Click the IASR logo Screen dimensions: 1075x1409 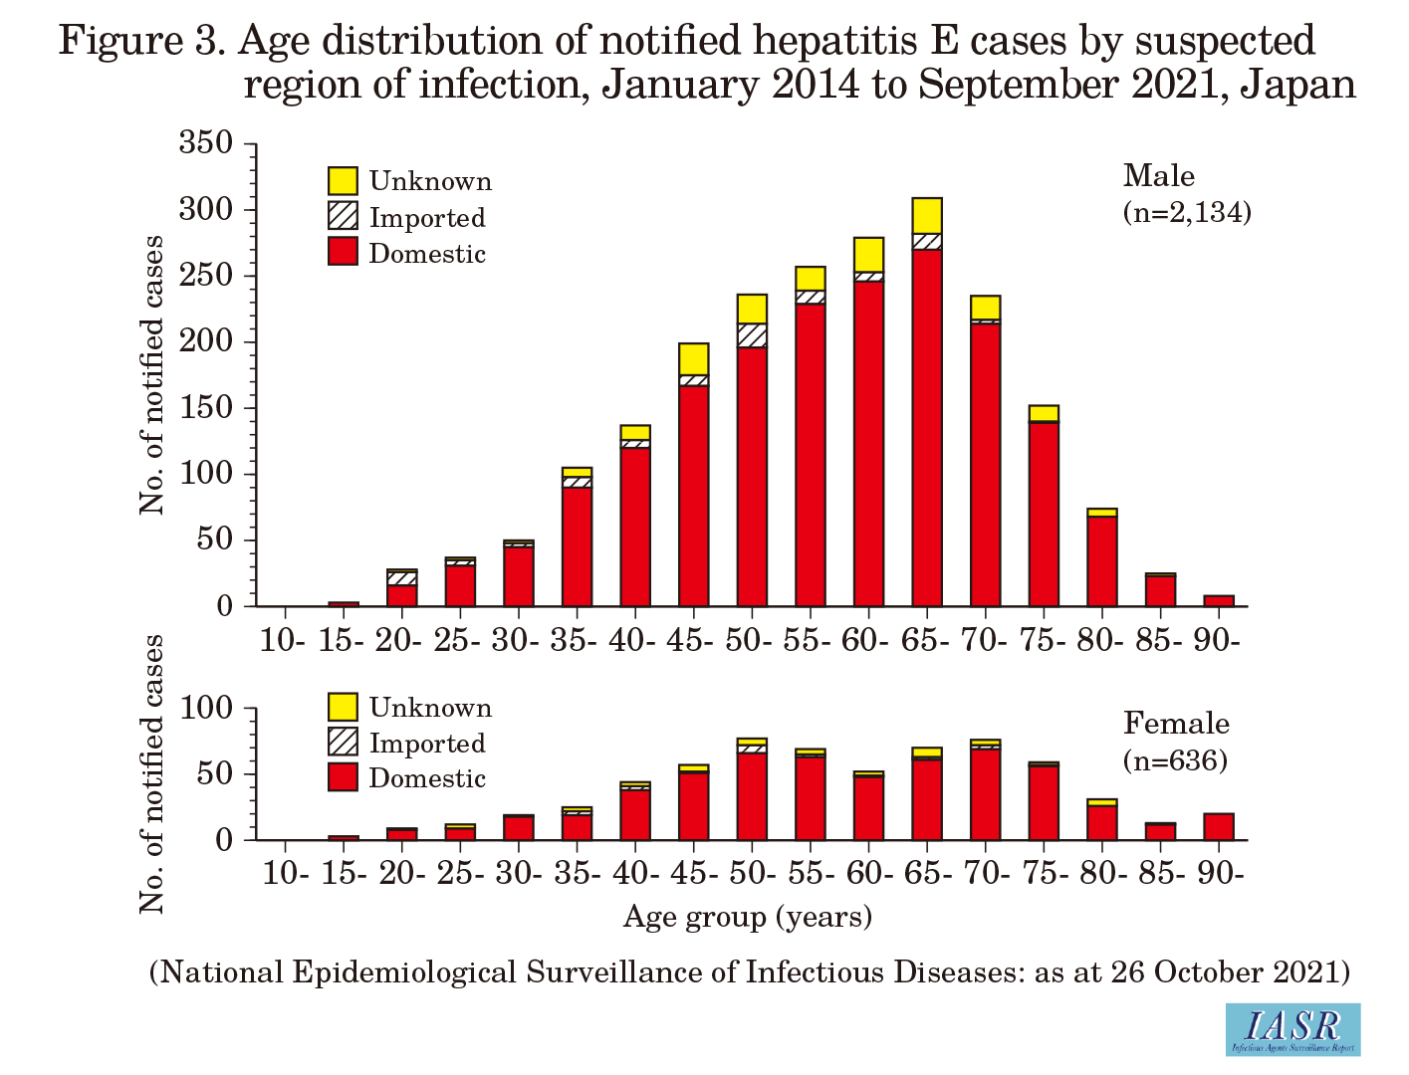[1292, 1028]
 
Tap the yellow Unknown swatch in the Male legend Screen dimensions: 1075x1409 [343, 181]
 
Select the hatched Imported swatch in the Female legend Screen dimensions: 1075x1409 [343, 743]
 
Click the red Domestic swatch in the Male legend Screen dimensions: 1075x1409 [343, 252]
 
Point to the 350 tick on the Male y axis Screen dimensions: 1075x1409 [205, 143]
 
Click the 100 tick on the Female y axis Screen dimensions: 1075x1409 [205, 709]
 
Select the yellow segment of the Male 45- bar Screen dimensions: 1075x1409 [693, 359]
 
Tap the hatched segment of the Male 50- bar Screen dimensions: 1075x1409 [752, 335]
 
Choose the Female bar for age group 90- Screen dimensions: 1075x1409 [1219, 827]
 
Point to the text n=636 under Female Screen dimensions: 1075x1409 [1175, 761]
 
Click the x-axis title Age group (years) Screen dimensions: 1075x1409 [748, 916]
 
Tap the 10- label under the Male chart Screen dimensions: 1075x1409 [283, 640]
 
